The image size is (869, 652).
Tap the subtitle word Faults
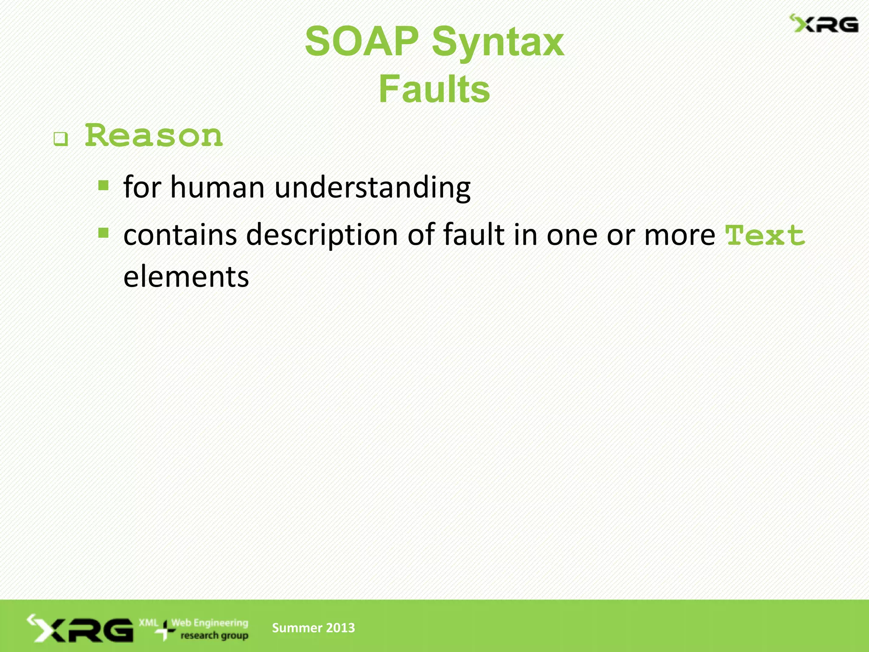pyautogui.click(x=434, y=90)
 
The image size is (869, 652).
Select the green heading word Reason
pyautogui.click(x=154, y=136)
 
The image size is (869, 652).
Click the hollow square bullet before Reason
pyautogui.click(x=61, y=139)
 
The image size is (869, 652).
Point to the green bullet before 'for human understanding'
pyautogui.click(x=103, y=185)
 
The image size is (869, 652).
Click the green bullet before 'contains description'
pyautogui.click(x=103, y=233)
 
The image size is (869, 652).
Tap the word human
pyautogui.click(x=217, y=187)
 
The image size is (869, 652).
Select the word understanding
pyautogui.click(x=372, y=188)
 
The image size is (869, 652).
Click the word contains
pyautogui.click(x=180, y=235)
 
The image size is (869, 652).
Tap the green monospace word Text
pyautogui.click(x=765, y=236)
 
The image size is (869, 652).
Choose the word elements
pyautogui.click(x=186, y=276)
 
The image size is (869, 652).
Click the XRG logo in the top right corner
pyautogui.click(x=824, y=24)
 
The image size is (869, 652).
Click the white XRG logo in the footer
pyautogui.click(x=81, y=629)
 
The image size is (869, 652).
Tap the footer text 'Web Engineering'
pyautogui.click(x=210, y=623)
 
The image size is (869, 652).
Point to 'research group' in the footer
pyautogui.click(x=214, y=635)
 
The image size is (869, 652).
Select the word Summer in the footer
pyautogui.click(x=297, y=628)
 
